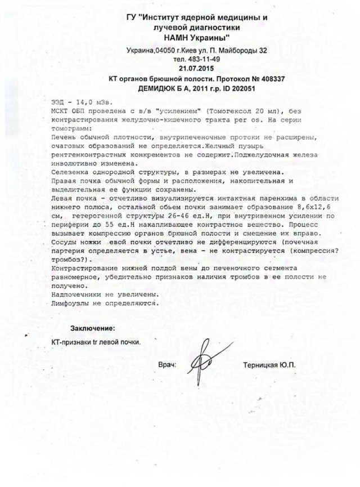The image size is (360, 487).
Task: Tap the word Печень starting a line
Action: (x=64, y=137)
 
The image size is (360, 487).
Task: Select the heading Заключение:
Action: (x=92, y=328)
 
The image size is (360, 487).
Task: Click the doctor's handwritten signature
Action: (x=200, y=365)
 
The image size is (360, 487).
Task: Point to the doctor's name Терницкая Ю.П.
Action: (x=269, y=365)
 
